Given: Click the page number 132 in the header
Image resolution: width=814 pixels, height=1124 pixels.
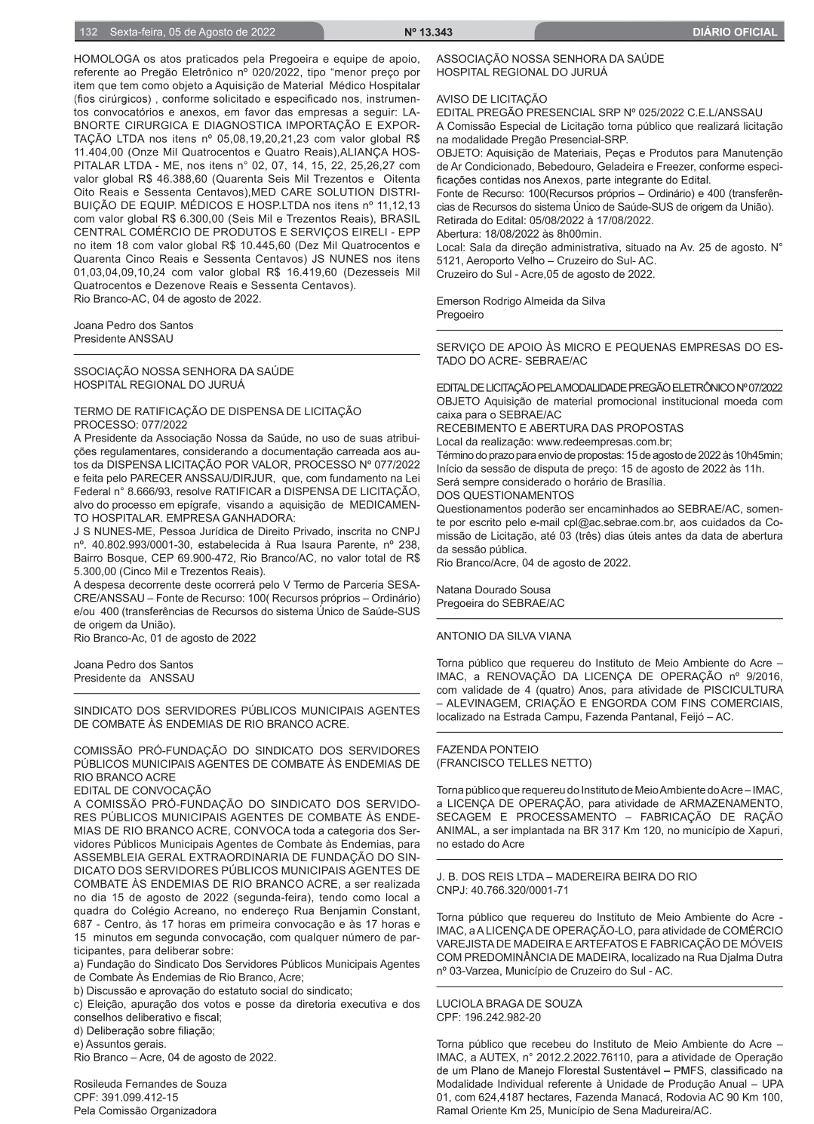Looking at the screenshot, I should point(88,32).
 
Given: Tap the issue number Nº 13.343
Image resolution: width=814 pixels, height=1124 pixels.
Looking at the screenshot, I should point(428,32).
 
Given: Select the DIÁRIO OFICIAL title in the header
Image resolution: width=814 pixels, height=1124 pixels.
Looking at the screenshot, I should point(734,32).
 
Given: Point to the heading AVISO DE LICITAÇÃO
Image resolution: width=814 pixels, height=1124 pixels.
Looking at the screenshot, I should point(491,99).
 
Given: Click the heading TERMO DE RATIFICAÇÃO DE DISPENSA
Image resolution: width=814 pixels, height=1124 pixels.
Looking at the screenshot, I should point(217,411).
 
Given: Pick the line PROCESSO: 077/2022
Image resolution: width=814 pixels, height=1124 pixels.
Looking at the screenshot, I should point(131,425).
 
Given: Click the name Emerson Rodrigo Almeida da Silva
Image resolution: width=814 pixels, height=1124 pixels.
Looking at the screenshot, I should point(521,301).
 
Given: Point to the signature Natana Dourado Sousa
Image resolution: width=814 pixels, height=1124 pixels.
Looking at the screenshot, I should point(493,590).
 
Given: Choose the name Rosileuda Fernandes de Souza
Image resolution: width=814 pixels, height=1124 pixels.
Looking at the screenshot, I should point(150,1084).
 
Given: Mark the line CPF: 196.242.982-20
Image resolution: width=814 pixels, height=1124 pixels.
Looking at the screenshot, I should point(488,1017).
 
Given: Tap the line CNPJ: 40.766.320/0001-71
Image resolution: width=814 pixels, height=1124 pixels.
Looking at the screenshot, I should point(502,890).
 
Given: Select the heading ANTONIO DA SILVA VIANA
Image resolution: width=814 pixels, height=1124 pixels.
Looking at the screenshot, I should point(503,636).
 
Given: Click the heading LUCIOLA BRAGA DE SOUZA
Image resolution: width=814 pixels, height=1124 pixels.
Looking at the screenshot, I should point(509,1004).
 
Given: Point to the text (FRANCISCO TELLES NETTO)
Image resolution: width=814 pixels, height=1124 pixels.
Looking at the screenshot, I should point(514,763).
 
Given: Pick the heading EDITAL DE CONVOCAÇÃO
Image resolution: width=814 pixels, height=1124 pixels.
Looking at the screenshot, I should point(142,790).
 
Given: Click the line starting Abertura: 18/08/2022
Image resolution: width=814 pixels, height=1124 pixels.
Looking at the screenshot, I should point(518,234).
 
